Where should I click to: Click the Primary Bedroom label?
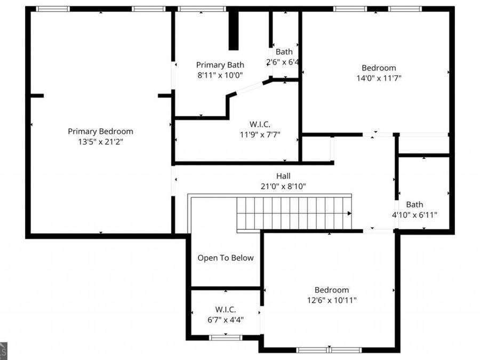pyautogui.click(x=100, y=131)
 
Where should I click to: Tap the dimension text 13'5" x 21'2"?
pyautogui.click(x=100, y=142)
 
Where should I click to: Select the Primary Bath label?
pyautogui.click(x=220, y=65)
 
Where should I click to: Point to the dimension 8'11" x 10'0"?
pyautogui.click(x=220, y=75)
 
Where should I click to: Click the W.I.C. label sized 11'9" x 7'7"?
pyautogui.click(x=260, y=124)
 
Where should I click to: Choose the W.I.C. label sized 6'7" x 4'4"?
pyautogui.click(x=226, y=309)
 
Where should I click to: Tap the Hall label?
pyautogui.click(x=283, y=175)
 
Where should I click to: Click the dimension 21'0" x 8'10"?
pyautogui.click(x=283, y=186)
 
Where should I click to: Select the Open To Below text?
pyautogui.click(x=226, y=258)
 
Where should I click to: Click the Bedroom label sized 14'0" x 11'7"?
pyautogui.click(x=379, y=68)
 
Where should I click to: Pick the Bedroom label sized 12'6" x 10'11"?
pyautogui.click(x=331, y=290)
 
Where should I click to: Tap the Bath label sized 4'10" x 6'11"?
pyautogui.click(x=414, y=204)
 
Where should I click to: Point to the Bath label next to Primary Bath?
pyautogui.click(x=284, y=52)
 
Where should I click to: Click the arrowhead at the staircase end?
pyautogui.click(x=349, y=213)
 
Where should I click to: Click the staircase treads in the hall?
pyautogui.click(x=293, y=213)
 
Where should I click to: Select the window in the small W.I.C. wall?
pyautogui.click(x=226, y=338)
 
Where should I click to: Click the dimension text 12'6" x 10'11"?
pyautogui.click(x=331, y=300)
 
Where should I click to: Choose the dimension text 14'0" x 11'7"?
pyautogui.click(x=379, y=78)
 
